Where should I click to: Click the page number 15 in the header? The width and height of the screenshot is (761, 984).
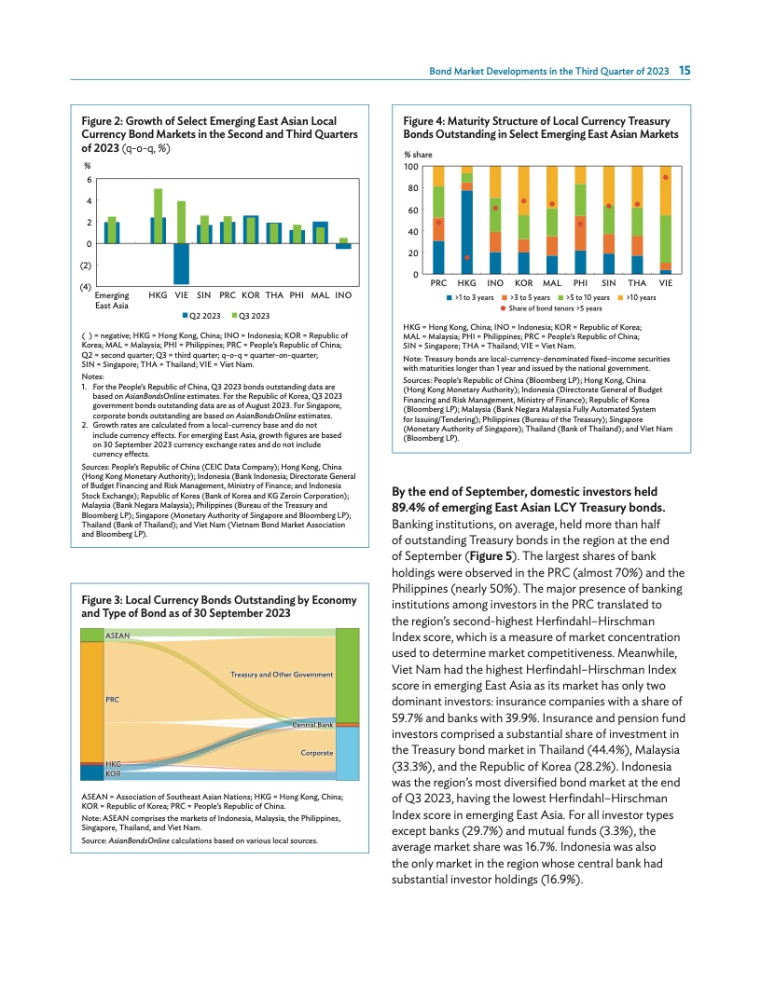[684, 71]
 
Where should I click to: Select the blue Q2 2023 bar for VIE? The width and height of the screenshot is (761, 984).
[181, 264]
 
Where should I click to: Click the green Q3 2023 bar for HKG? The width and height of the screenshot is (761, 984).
[159, 216]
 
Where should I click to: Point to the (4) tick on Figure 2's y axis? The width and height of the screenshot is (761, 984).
[85, 286]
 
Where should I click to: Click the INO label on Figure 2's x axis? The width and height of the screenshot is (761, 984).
[343, 294]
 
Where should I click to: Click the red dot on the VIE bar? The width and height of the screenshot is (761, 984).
[666, 177]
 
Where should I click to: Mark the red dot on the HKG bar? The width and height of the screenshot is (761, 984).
[466, 257]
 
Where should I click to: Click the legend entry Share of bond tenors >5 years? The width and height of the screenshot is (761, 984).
[550, 307]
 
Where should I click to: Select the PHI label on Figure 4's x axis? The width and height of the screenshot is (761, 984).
[580, 281]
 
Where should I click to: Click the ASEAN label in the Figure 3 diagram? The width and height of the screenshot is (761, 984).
[118, 635]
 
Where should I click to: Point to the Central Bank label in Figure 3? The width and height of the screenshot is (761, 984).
[312, 724]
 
